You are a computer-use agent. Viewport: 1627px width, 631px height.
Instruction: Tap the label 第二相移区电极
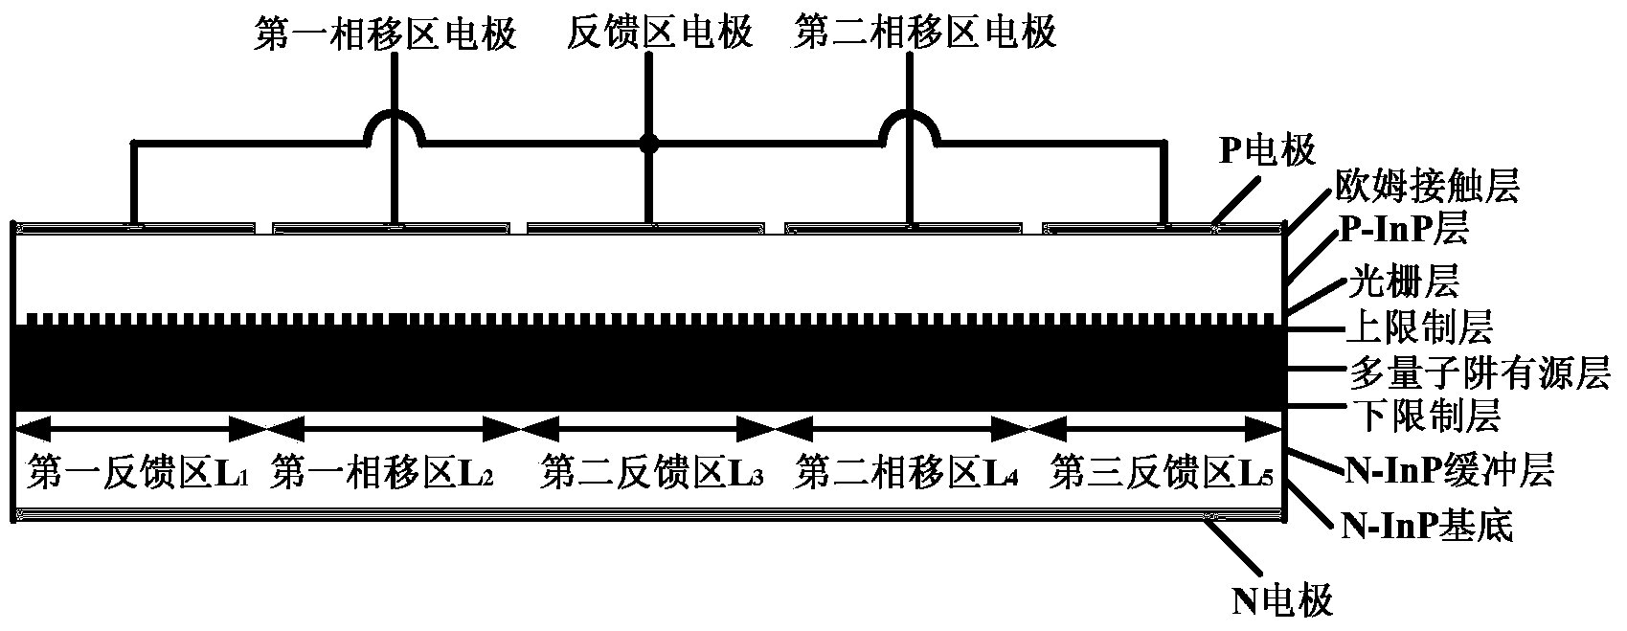[926, 34]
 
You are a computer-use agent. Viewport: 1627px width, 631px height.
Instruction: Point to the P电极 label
[1266, 150]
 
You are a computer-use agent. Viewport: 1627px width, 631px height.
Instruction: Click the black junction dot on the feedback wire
[649, 144]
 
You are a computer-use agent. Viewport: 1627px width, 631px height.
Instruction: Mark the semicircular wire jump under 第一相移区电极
[393, 125]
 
